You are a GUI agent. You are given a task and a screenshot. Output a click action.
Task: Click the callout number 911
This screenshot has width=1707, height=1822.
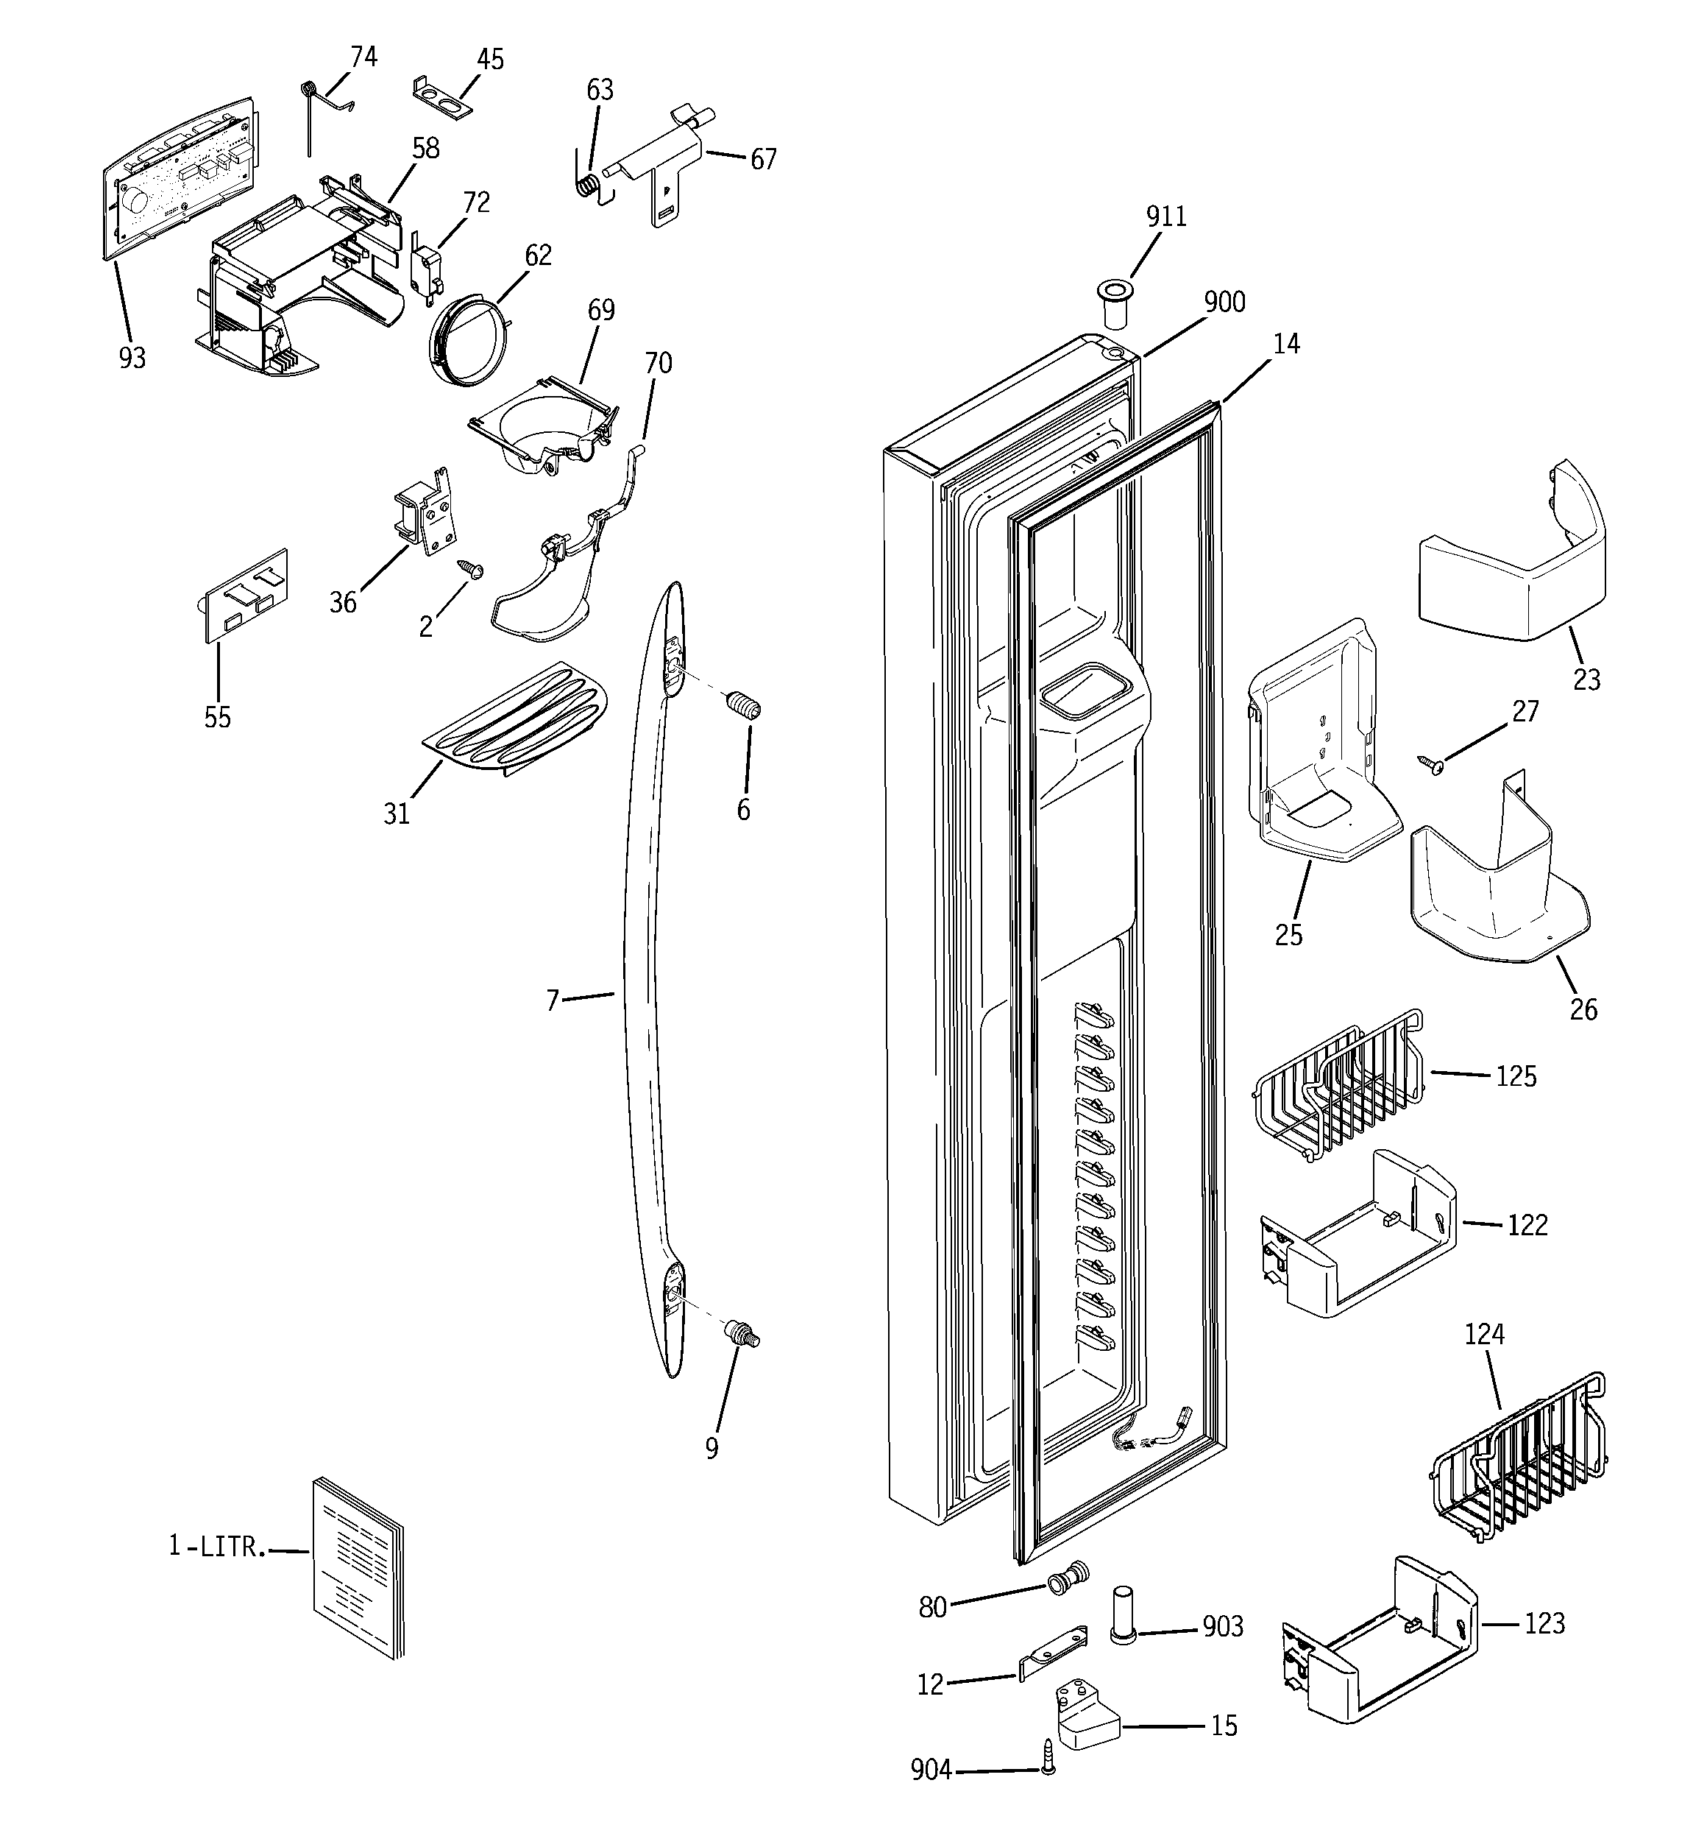(x=1165, y=217)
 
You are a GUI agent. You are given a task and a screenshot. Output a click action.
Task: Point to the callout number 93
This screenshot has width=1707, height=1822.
(x=132, y=359)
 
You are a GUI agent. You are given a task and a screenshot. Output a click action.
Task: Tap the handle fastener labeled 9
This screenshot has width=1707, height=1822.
(x=743, y=1335)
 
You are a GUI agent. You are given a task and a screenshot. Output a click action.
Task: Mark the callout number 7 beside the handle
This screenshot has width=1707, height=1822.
(x=552, y=1001)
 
